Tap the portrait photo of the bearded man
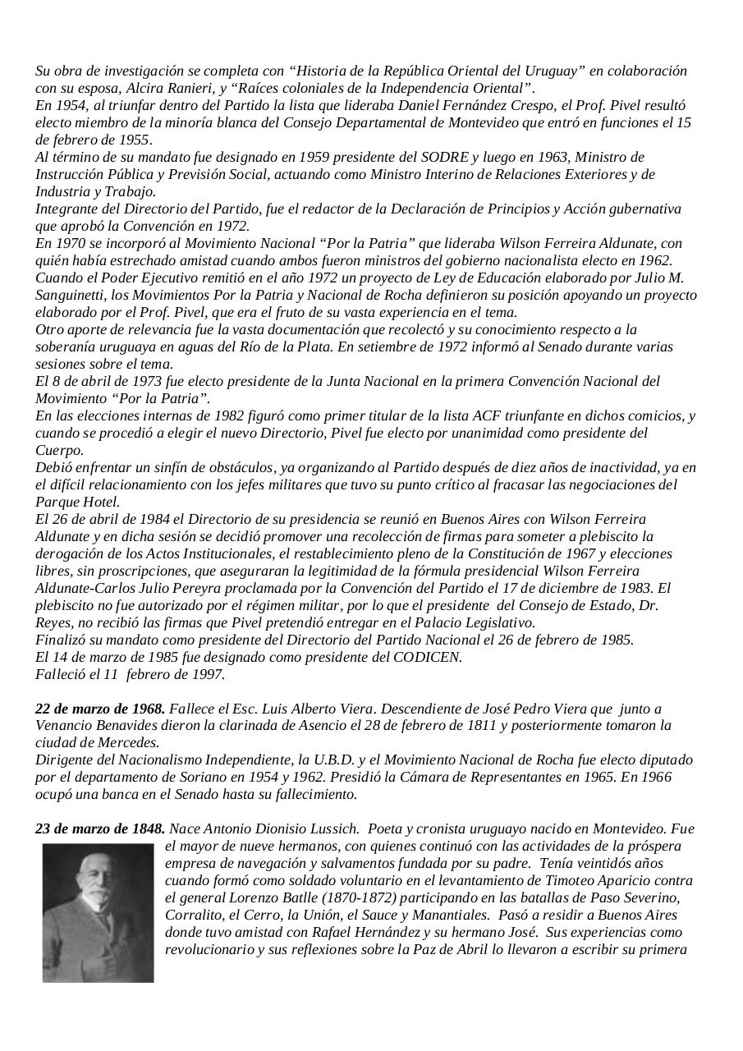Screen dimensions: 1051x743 pos(98,912)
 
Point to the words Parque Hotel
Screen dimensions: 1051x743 pos(77,502)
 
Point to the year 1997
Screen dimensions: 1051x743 pos(208,674)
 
